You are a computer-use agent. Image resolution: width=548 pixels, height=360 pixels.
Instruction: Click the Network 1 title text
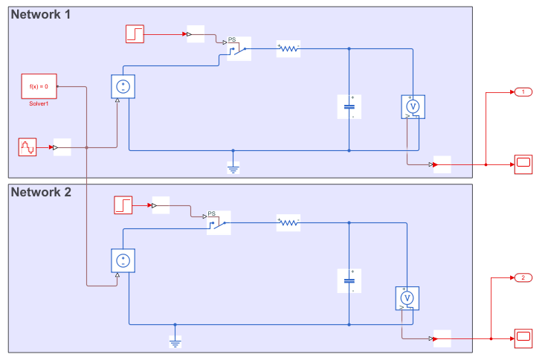tap(41, 15)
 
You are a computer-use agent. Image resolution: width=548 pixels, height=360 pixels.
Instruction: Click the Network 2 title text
tap(41, 193)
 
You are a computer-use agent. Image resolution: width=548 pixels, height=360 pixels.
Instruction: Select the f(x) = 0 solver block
tap(39, 86)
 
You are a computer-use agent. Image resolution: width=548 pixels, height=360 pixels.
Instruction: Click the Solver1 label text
tap(39, 103)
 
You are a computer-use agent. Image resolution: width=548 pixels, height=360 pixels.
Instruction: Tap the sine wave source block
tap(27, 147)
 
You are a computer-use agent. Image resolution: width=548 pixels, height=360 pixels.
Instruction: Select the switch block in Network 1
tap(238, 49)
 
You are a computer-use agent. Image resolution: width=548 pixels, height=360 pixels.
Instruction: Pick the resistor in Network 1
tap(288, 49)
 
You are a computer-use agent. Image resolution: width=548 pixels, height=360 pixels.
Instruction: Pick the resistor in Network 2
tap(288, 221)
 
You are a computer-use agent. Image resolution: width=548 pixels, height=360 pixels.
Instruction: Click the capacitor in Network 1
tap(349, 106)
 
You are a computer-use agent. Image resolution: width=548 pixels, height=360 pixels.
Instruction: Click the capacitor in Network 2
tap(349, 281)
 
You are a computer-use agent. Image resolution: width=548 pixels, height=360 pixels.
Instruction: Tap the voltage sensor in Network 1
tap(412, 106)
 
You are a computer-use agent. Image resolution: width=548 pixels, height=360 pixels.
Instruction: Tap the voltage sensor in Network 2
tap(406, 298)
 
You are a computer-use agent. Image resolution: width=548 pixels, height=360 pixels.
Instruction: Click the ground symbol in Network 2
tap(175, 343)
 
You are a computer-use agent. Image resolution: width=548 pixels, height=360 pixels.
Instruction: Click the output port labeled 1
tap(523, 91)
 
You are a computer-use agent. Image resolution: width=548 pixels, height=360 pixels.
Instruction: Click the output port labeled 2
tap(523, 277)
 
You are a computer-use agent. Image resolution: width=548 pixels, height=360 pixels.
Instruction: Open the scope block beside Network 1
tap(523, 164)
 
